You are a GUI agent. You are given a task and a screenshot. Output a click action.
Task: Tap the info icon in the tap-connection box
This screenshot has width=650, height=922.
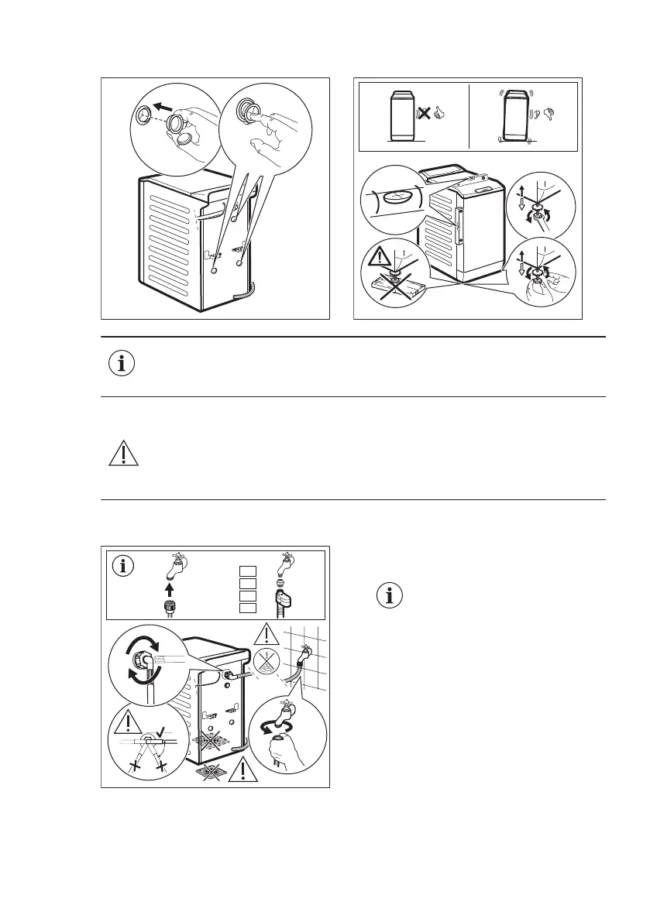tap(122, 565)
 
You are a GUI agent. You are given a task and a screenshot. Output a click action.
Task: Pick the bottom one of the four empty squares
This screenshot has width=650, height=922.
tap(247, 608)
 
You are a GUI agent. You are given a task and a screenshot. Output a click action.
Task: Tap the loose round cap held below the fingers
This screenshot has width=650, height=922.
tap(189, 140)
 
